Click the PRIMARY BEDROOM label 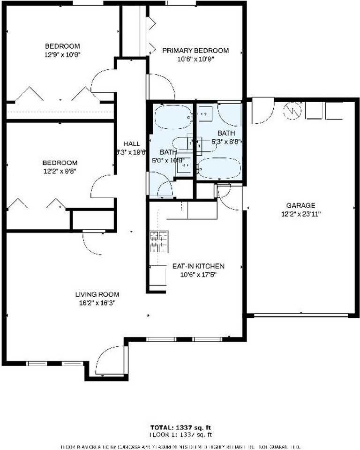195,51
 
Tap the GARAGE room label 300,205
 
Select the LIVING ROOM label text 97,294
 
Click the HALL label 131,143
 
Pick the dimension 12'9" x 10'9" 62,54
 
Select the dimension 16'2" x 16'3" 97,303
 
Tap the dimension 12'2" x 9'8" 60,171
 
